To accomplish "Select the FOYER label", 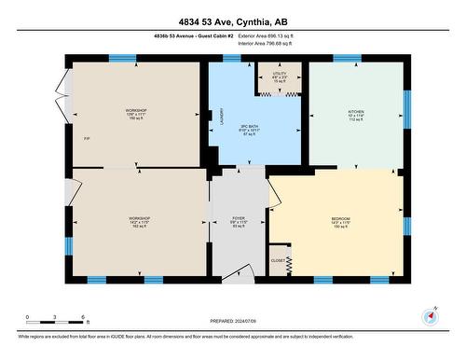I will (238, 219).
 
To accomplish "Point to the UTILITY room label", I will (280, 73).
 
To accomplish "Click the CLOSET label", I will (278, 260).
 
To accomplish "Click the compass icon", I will (430, 315).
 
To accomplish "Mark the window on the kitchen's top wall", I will (348, 59).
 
